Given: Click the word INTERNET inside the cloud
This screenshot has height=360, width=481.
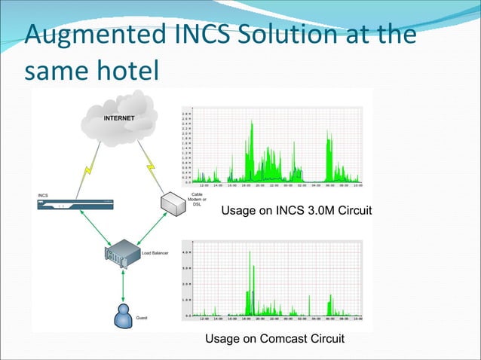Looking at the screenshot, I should [x=119, y=118].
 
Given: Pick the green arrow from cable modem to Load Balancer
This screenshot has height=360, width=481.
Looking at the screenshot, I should [x=149, y=227].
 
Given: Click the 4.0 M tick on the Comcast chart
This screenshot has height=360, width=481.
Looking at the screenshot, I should [x=187, y=252].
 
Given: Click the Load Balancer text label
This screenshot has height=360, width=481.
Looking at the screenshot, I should [x=155, y=252].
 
